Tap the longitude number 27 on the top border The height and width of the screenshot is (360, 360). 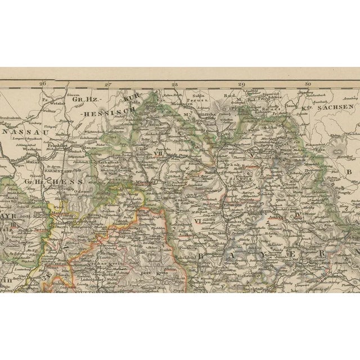point(109,84)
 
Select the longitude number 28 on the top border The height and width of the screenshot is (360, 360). point(175,84)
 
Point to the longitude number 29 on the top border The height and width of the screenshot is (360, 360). point(241,84)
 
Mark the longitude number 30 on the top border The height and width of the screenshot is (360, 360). point(307,84)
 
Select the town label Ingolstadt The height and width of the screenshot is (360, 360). point(259,290)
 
